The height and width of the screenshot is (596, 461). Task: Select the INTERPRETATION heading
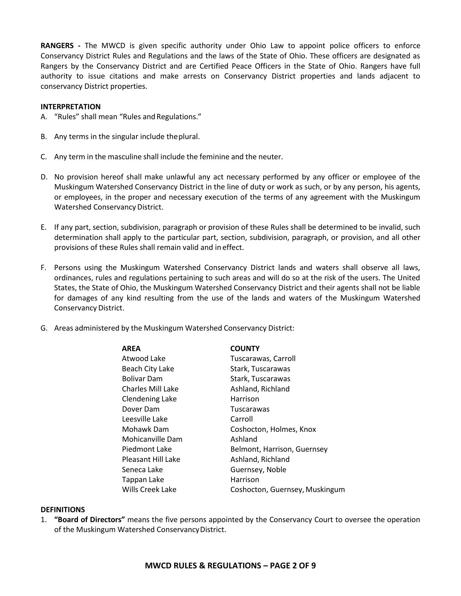click(71, 107)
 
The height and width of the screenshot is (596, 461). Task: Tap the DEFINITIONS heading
click(62, 510)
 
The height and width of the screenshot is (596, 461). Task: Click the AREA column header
click(131, 349)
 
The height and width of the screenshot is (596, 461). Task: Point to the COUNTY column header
click(245, 349)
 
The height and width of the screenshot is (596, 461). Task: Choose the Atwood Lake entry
click(144, 359)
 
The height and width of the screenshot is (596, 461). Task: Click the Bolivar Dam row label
click(142, 379)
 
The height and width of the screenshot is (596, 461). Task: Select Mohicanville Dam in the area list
click(152, 439)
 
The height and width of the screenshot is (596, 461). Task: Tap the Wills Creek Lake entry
click(149, 490)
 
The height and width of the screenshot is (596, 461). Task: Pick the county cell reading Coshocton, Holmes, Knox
click(273, 429)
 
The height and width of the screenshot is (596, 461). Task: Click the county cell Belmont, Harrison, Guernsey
click(279, 449)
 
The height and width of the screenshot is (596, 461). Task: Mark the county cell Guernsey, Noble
click(258, 470)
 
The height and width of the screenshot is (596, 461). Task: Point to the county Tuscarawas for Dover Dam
click(250, 409)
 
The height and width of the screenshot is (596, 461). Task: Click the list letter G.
click(44, 328)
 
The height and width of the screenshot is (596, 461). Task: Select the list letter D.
click(44, 177)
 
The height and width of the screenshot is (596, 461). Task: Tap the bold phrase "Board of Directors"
click(89, 520)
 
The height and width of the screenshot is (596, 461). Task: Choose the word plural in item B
click(189, 137)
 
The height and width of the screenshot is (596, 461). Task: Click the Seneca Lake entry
click(142, 470)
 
